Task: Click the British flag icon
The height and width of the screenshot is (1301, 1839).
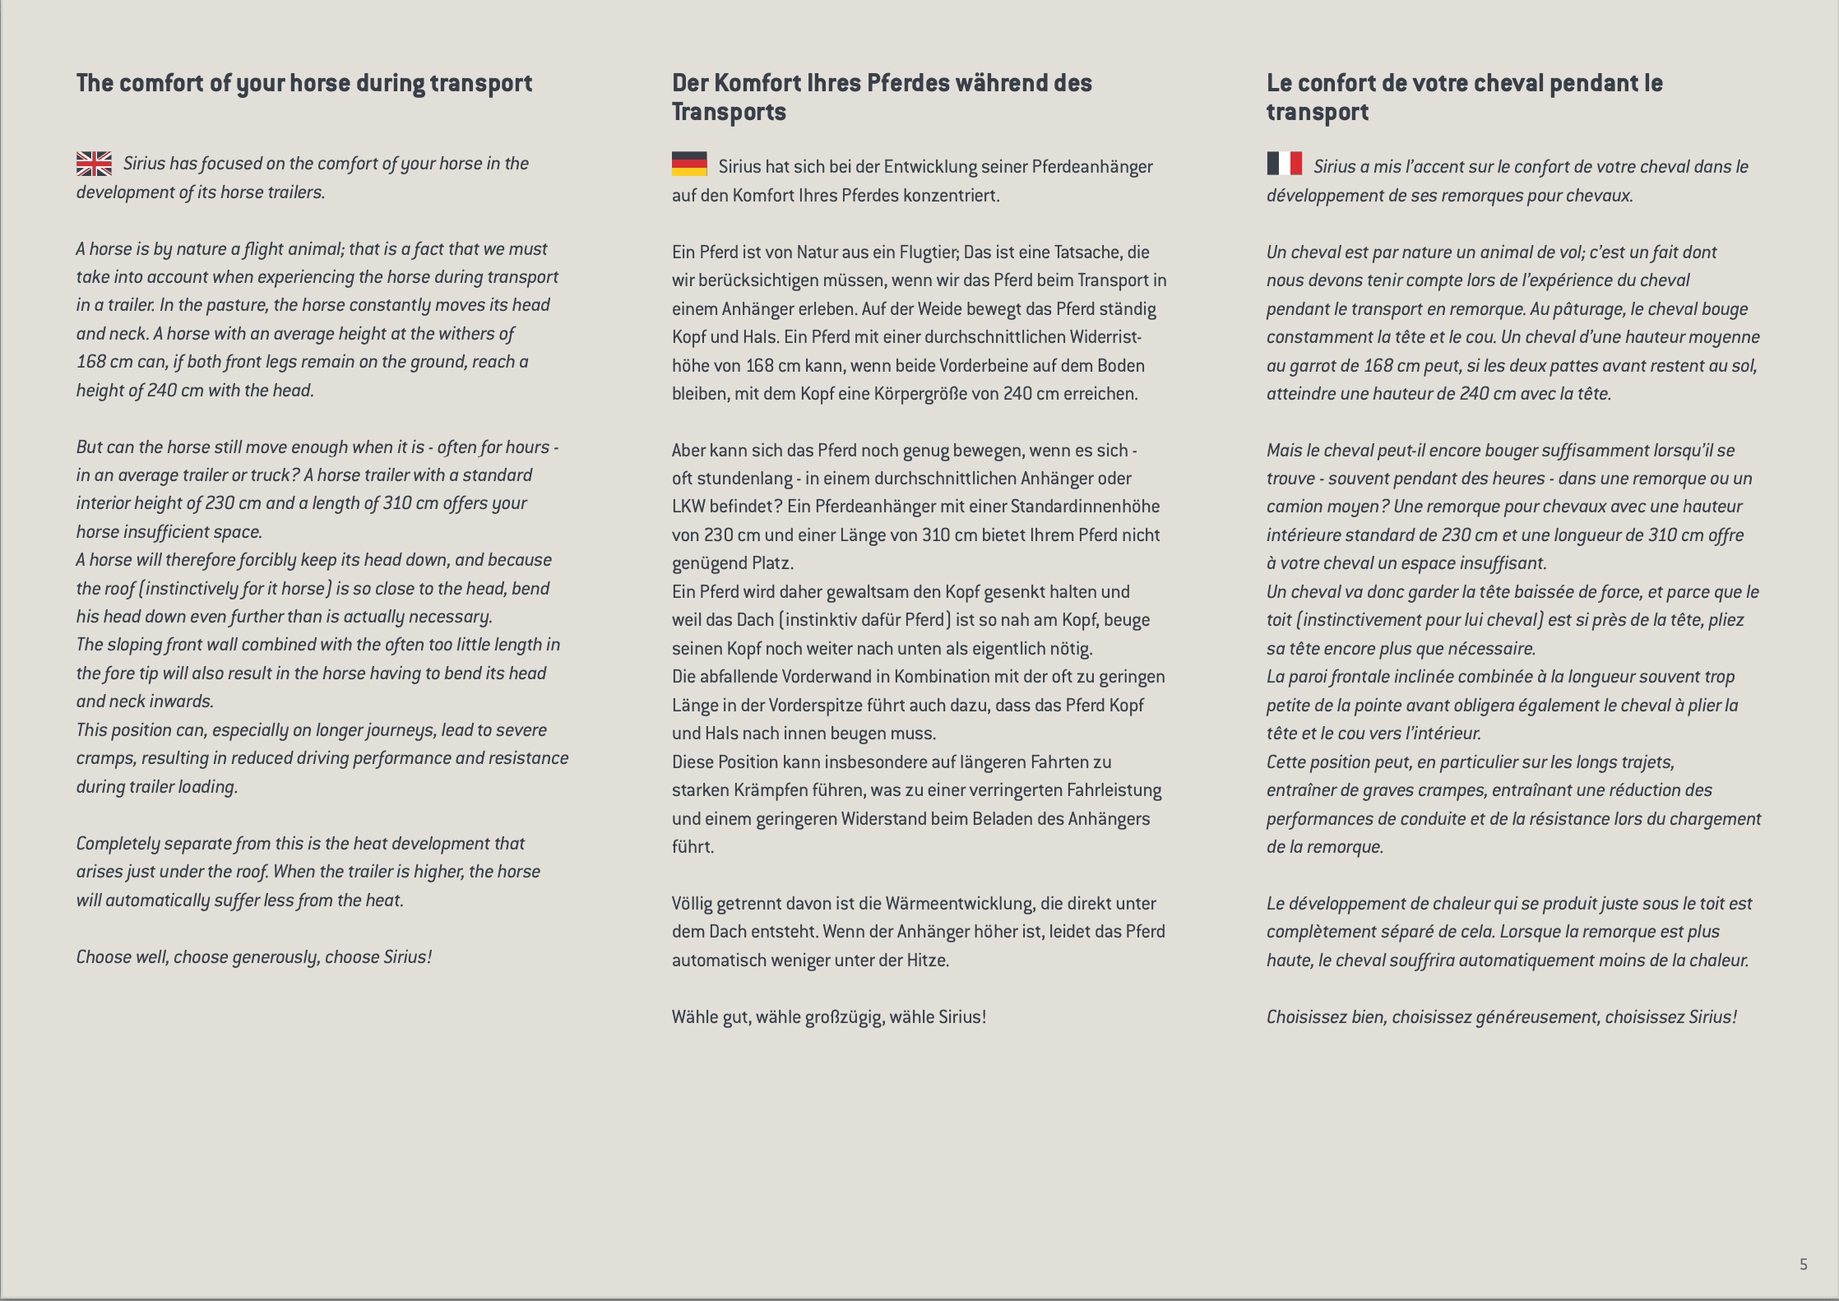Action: coord(94,164)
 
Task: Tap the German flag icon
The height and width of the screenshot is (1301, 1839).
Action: coord(689,164)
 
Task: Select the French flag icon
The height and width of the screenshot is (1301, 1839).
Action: coord(1284,164)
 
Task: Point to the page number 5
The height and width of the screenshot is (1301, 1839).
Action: coord(1803,1265)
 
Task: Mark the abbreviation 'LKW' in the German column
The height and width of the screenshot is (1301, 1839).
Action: coord(688,507)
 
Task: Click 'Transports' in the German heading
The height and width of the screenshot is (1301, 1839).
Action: coord(729,112)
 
